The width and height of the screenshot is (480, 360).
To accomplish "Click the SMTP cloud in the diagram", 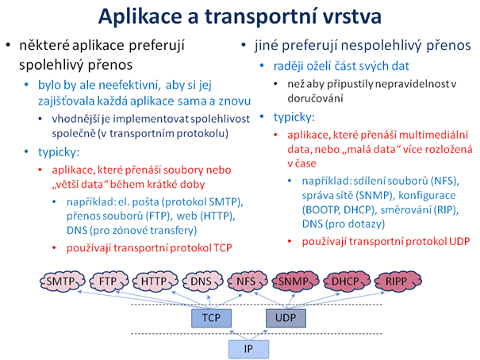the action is coord(62,281).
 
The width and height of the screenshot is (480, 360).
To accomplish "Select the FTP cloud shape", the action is coord(109,281).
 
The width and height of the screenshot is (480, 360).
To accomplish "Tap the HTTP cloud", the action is coord(155,281).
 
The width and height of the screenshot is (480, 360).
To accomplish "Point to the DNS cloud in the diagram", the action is coord(202,281).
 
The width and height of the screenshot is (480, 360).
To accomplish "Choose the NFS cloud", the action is coord(248,281).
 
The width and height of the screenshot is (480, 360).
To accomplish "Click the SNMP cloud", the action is coord(295,281).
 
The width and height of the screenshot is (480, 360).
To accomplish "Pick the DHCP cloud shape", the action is coord(347,281).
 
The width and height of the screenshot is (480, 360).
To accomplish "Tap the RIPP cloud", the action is coord(398,281).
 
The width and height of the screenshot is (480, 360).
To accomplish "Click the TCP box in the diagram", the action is coord(211,318).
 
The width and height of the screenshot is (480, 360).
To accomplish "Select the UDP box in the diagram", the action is coord(286,318).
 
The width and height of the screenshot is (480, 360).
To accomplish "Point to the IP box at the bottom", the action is coord(248,349).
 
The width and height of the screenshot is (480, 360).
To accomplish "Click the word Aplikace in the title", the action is coord(140,17).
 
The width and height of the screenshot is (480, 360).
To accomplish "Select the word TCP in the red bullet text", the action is coord(223,247).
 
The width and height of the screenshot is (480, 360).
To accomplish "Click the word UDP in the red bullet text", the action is coord(459,241).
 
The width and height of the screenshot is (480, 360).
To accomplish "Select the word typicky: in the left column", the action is coord(59,152).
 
